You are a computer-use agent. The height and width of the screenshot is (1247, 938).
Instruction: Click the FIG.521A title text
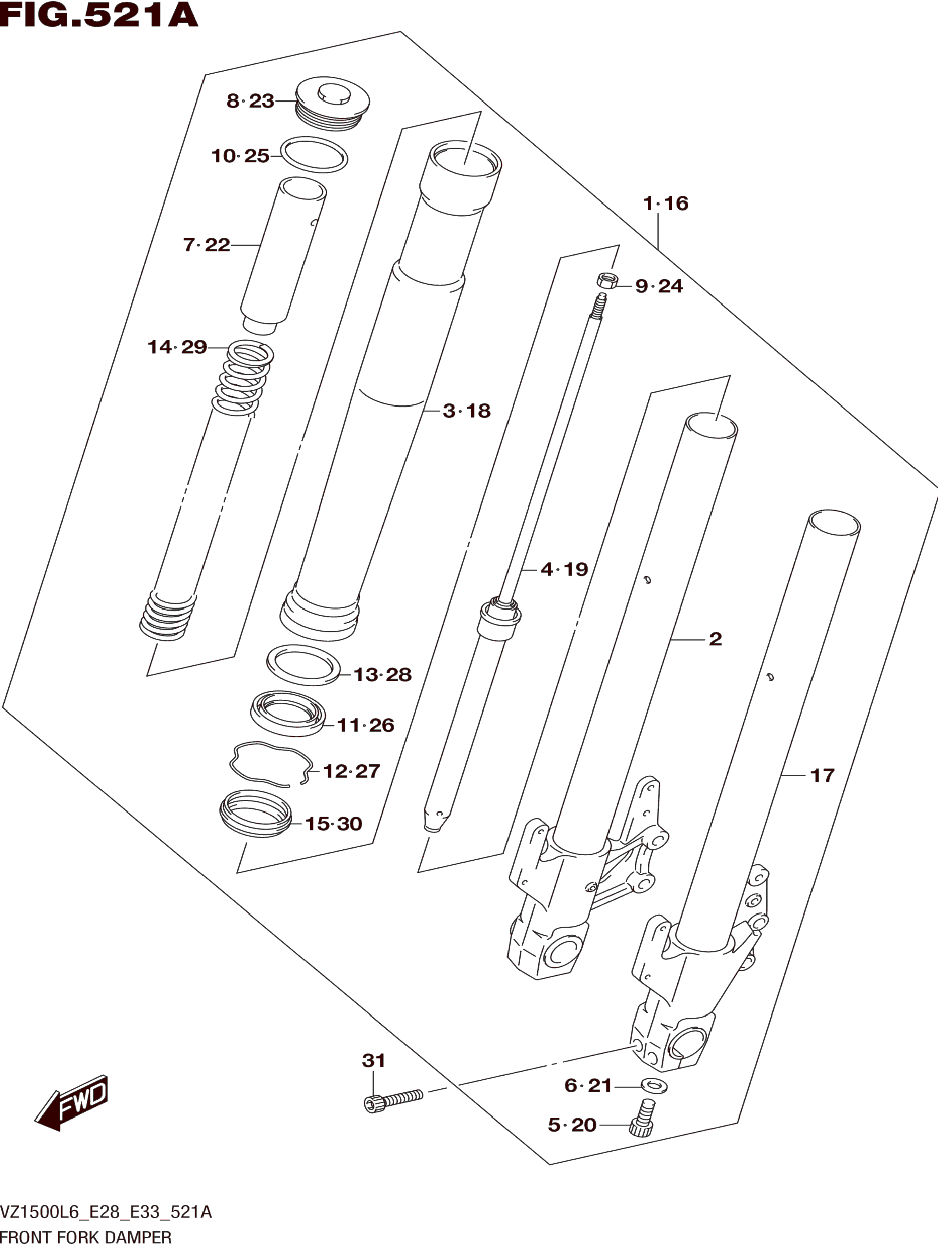(99, 16)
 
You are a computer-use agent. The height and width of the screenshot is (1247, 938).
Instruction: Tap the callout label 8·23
(250, 102)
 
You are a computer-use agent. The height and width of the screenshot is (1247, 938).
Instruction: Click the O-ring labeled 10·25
(313, 154)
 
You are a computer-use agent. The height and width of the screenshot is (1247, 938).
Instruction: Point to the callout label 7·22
(207, 245)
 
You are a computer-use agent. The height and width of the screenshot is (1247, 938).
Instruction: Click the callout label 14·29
(177, 347)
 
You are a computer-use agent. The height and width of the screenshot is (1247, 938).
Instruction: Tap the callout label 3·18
(467, 411)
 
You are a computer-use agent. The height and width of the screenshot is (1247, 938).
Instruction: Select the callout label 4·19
(564, 569)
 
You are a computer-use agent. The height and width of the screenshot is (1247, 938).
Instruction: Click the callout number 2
(715, 639)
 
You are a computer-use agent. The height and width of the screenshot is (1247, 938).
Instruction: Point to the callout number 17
(822, 776)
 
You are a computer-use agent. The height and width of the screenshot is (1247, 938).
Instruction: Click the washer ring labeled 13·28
(303, 665)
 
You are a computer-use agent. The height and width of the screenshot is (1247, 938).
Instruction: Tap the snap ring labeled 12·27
(271, 763)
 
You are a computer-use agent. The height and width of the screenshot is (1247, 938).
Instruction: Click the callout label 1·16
(666, 204)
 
